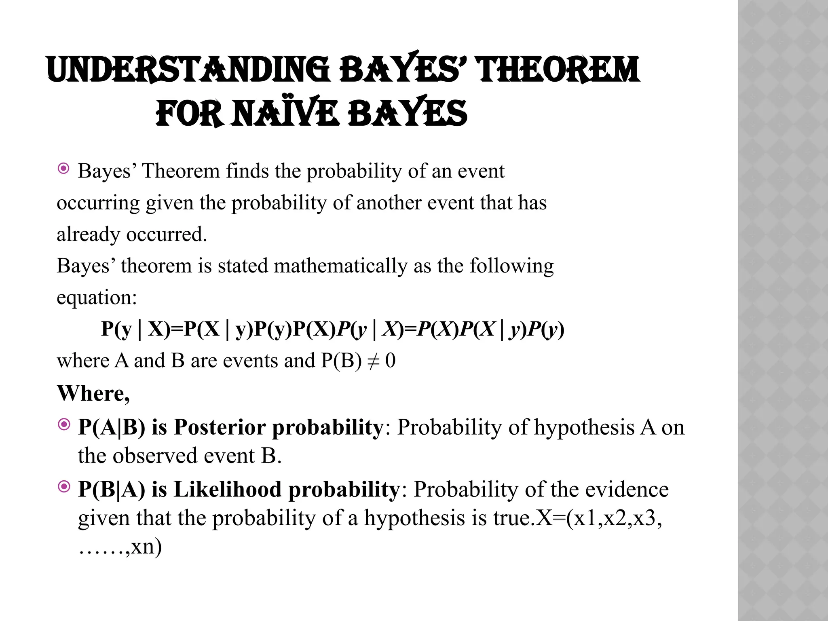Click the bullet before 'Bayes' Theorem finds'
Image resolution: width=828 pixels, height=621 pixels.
click(x=63, y=169)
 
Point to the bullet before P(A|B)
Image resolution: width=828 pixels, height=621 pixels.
click(x=64, y=425)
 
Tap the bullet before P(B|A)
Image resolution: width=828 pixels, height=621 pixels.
click(x=64, y=487)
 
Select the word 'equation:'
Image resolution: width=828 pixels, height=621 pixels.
click(x=97, y=298)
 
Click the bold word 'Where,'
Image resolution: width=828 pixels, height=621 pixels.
click(x=93, y=393)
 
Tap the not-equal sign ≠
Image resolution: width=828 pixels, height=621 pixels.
click(x=373, y=361)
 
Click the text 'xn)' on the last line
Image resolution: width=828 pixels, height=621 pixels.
click(x=146, y=547)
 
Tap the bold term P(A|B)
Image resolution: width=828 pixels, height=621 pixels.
click(x=112, y=427)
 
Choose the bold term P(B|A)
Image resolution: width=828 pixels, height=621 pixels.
click(x=112, y=490)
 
